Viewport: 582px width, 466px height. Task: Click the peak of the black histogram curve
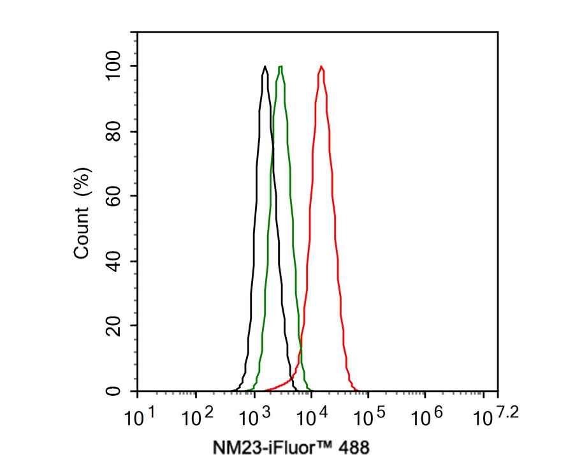(265, 66)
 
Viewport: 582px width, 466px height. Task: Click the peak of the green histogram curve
(280, 66)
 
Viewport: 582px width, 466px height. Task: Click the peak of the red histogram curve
(322, 66)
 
